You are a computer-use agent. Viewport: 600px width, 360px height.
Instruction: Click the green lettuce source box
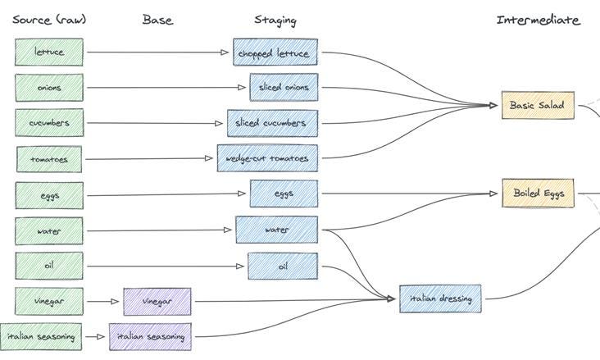tap(49, 52)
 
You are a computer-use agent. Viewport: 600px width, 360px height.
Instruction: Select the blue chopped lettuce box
tap(275, 53)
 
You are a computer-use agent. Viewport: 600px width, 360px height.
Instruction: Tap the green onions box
tap(49, 88)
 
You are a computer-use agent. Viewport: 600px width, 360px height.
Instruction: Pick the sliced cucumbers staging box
tap(271, 123)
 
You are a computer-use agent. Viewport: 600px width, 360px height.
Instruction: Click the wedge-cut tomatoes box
tap(267, 158)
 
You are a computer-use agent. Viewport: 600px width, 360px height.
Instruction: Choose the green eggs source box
tap(49, 195)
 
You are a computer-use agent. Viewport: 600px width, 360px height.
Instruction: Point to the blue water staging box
tap(276, 230)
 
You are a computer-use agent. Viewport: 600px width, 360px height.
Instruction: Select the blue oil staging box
tap(282, 266)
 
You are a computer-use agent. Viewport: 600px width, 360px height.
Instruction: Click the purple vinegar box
tap(157, 301)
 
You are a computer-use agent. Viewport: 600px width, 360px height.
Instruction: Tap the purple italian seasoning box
tap(150, 336)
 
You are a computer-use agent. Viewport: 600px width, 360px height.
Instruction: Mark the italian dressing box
tap(440, 298)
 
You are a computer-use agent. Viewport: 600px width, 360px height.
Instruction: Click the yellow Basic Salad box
tap(538, 105)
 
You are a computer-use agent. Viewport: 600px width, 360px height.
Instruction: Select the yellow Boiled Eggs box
tap(538, 194)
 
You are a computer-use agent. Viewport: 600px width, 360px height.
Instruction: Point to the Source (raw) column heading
tap(48, 20)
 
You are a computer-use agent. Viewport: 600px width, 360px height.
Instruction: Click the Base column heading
tap(157, 20)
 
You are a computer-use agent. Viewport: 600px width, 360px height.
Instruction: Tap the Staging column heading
tap(275, 20)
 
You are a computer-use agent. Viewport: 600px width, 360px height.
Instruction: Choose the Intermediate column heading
tap(538, 20)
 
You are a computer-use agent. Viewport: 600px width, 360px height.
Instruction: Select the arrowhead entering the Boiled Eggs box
tap(494, 194)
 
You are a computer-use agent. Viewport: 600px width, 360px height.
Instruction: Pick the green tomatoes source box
tap(49, 159)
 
